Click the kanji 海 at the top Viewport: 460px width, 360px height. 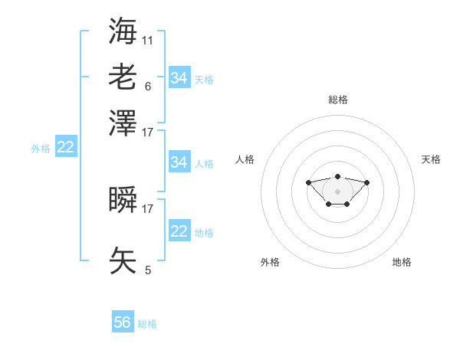[123, 31]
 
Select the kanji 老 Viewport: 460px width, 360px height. [123, 77]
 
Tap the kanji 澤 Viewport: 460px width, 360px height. [123, 123]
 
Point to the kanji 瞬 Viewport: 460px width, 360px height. [123, 199]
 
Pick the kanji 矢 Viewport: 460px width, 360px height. [123, 260]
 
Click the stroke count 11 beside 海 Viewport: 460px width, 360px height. [147, 41]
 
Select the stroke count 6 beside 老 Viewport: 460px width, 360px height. [148, 87]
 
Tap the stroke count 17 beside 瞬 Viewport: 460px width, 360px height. [147, 209]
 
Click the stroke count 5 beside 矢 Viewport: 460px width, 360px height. [148, 270]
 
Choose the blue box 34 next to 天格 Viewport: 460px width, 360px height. [179, 77]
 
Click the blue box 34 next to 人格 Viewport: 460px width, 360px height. [179, 162]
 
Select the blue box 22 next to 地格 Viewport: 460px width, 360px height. [179, 230]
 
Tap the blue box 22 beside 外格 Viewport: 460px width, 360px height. [66, 146]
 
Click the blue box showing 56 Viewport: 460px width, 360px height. [123, 321]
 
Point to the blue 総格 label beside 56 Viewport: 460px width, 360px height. [147, 324]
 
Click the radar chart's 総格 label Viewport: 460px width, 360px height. [338, 100]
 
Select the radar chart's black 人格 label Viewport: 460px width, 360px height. [245, 159]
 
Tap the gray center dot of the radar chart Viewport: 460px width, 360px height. [337, 191]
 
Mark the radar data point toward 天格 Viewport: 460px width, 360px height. [366, 182]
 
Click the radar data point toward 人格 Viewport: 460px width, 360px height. [308, 182]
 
